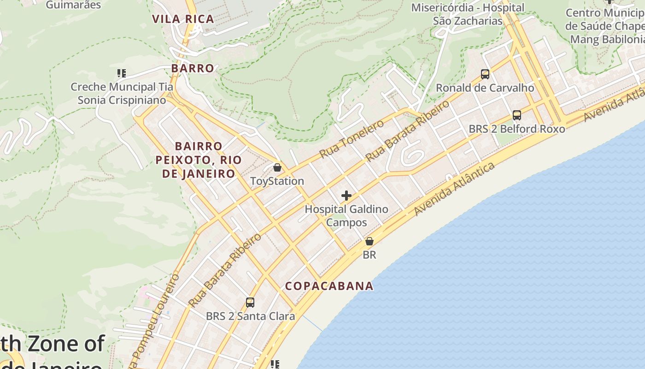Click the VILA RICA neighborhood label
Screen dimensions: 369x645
pos(183,19)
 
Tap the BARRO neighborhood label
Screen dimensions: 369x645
pos(193,68)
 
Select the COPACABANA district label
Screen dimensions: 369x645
pos(329,286)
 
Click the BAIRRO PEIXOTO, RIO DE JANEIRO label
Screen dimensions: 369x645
pos(199,160)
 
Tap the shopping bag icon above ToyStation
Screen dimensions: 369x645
pos(277,167)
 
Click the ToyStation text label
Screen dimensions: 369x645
pos(277,181)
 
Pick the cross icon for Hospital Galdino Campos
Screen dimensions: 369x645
pos(346,196)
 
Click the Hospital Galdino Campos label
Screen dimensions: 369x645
pos(346,216)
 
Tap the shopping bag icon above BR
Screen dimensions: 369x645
pos(369,241)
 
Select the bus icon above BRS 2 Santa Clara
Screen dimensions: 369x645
pos(250,303)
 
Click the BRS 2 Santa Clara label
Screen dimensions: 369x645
pos(250,316)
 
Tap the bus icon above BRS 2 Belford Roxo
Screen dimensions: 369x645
pos(517,115)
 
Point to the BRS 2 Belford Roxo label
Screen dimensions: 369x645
pos(517,129)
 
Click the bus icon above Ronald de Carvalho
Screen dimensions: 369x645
pos(485,74)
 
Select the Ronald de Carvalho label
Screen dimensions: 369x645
pos(485,88)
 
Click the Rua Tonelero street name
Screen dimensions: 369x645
pos(352,139)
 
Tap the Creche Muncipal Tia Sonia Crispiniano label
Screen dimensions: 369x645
pos(122,93)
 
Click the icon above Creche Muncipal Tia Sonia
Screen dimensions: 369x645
pos(122,73)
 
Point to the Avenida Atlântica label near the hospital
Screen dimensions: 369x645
pos(454,189)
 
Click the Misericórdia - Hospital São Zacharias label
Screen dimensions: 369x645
pos(468,14)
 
